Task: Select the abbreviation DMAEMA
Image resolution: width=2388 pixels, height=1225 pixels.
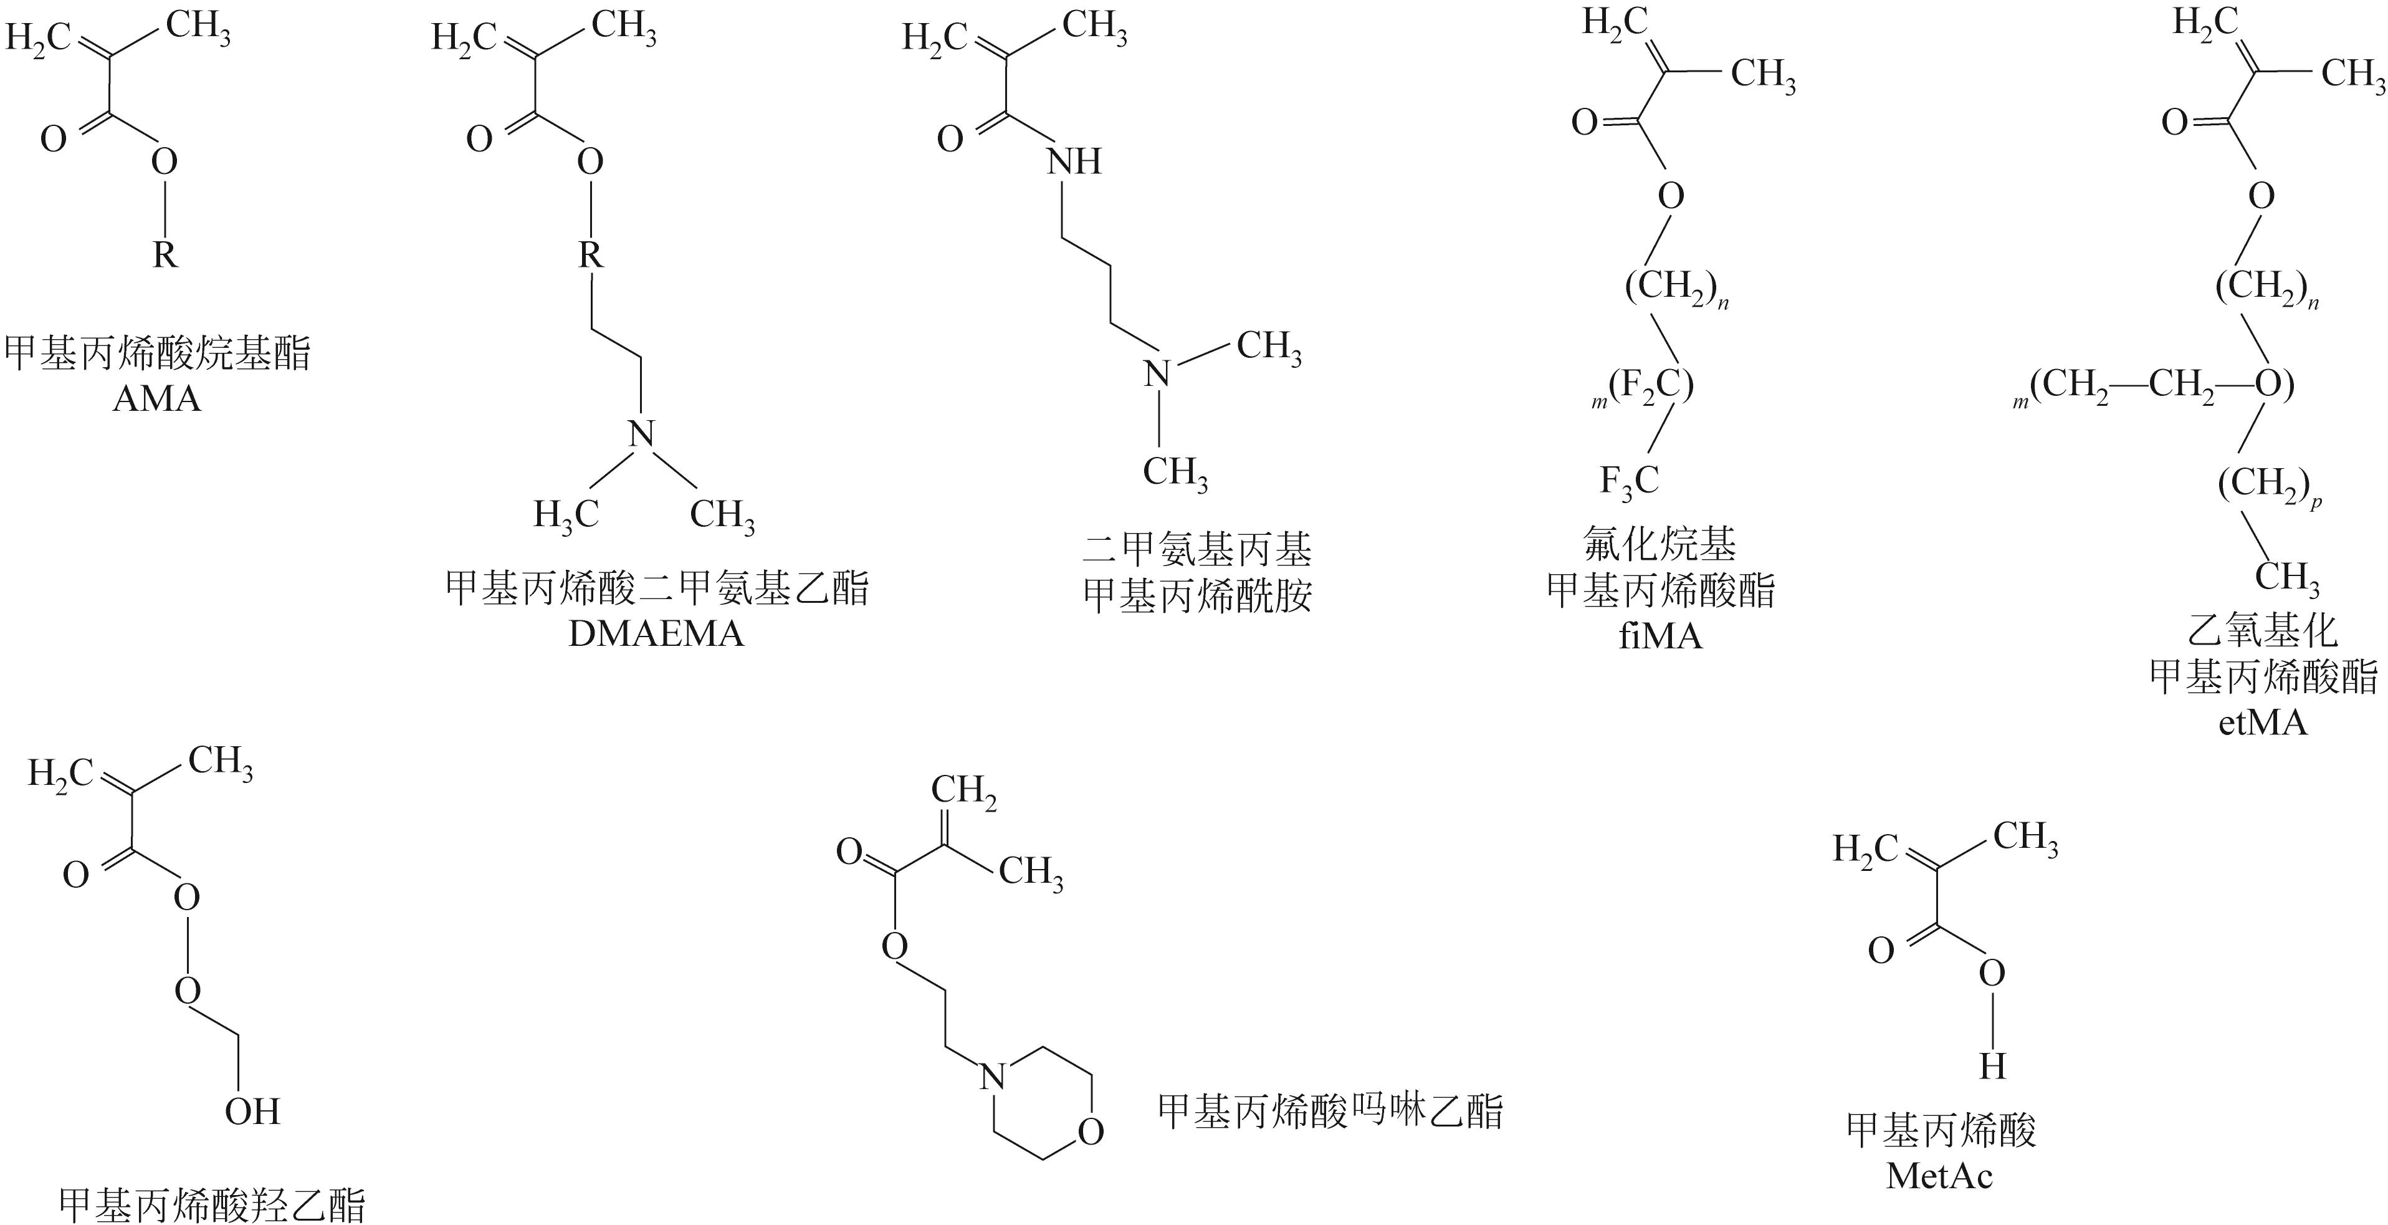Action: (656, 633)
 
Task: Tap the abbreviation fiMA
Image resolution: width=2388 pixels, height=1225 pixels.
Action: (1660, 636)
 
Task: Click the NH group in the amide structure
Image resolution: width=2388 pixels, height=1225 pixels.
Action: (1074, 161)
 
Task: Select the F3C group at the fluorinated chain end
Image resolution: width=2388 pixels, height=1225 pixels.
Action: (1629, 481)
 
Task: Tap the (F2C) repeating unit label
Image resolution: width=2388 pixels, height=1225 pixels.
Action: (1650, 385)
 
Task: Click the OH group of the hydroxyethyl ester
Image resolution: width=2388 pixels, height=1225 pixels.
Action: (252, 1111)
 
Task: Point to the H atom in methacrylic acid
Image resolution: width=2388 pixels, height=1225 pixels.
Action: (1992, 1067)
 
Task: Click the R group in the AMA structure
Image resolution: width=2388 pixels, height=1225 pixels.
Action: (165, 253)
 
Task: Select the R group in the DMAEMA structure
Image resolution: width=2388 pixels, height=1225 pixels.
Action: (591, 253)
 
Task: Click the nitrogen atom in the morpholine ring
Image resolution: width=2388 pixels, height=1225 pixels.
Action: (992, 1077)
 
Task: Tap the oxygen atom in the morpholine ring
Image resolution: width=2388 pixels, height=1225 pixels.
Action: (1091, 1132)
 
